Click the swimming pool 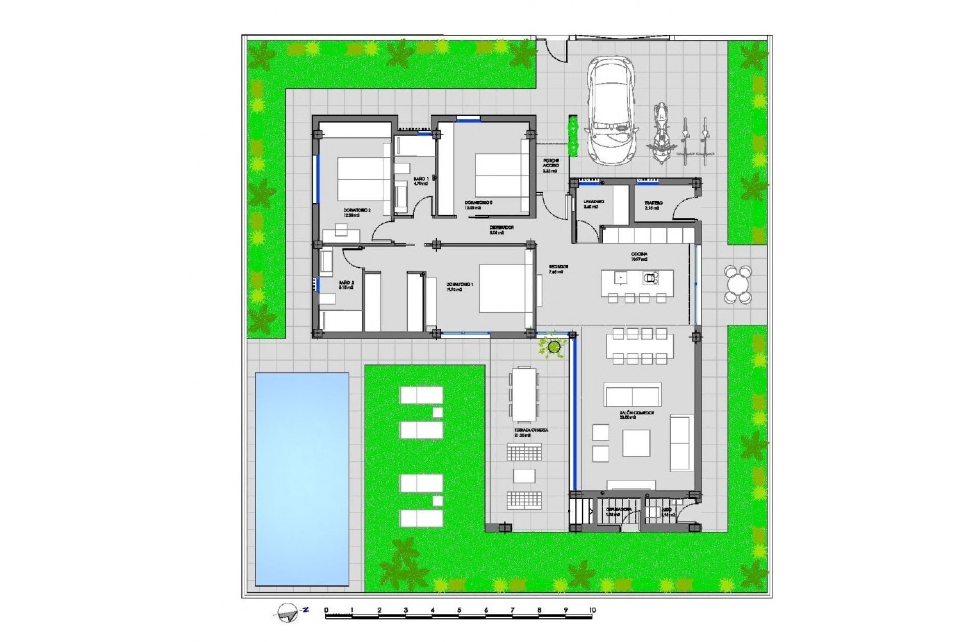tap(301, 478)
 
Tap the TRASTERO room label tap(653, 204)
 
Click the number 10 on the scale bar tap(592, 610)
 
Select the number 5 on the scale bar tap(459, 610)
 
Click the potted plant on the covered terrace tap(554, 346)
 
